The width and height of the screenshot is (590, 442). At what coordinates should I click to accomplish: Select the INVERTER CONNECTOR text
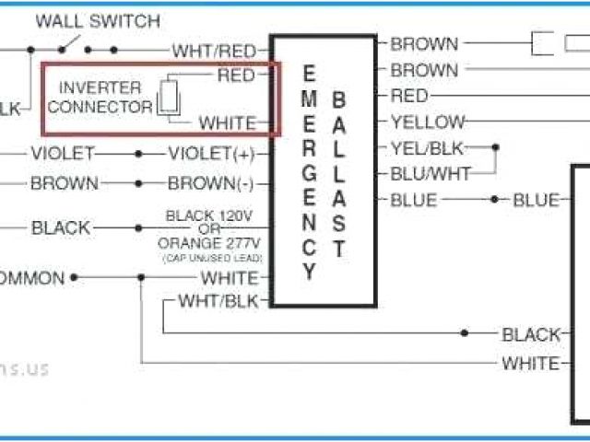pyautogui.click(x=100, y=98)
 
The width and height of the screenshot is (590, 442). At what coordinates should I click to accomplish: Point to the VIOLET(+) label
pyautogui.click(x=211, y=154)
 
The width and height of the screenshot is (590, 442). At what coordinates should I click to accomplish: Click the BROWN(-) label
pyautogui.click(x=211, y=183)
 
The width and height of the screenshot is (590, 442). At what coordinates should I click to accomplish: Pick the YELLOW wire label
pyautogui.click(x=427, y=122)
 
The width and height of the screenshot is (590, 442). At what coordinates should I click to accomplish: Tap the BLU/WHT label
pyautogui.click(x=430, y=173)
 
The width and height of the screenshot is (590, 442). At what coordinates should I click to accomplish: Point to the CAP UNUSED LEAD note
pyautogui.click(x=211, y=260)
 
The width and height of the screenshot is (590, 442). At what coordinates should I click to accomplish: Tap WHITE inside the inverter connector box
pyautogui.click(x=230, y=122)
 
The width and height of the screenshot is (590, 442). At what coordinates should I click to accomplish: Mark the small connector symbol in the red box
pyautogui.click(x=171, y=98)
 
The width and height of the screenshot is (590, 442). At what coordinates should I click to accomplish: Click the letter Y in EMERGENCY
pyautogui.click(x=310, y=273)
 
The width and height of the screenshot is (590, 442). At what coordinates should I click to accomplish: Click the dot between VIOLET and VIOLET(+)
pyautogui.click(x=139, y=154)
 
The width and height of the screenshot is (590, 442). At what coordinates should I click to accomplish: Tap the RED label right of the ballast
pyautogui.click(x=409, y=96)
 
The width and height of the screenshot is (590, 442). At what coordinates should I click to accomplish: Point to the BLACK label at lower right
pyautogui.click(x=530, y=334)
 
